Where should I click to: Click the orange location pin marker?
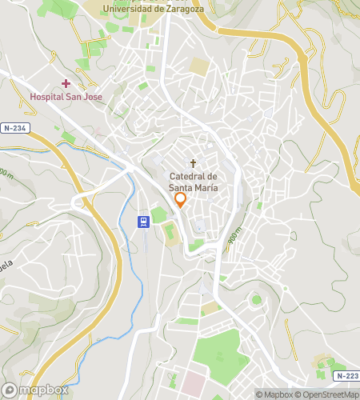(181, 199)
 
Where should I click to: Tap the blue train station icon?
(142, 222)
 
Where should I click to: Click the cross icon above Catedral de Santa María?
(193, 162)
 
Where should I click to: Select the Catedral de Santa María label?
(193, 182)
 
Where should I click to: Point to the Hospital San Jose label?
(66, 97)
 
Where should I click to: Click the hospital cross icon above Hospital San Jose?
(66, 83)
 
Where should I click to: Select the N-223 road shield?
(346, 375)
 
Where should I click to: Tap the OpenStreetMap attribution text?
(327, 394)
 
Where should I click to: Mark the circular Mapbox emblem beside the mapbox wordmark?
(10, 390)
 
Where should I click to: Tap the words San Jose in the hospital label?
(85, 97)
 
